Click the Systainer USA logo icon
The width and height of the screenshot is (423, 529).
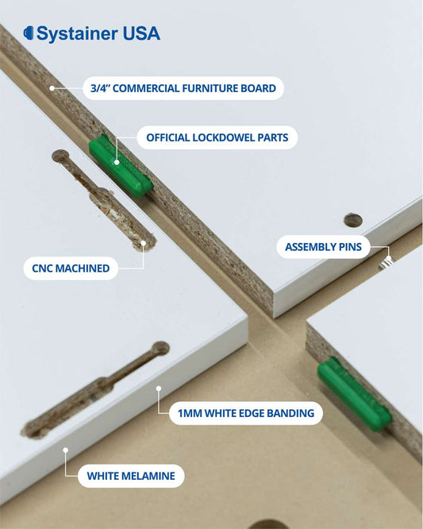point(29,33)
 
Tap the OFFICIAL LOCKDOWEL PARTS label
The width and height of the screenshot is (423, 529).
point(217,137)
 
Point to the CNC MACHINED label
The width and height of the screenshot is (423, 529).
point(71,268)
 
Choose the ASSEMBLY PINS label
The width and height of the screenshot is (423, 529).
point(323,247)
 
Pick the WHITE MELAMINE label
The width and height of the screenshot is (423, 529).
point(131,477)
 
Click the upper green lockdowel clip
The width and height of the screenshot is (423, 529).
point(119,165)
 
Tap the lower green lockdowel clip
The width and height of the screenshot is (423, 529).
point(354,393)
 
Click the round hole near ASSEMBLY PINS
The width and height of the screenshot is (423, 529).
point(353,220)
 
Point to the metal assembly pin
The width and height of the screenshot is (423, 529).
point(386,260)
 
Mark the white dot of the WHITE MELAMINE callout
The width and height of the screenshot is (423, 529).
point(66,450)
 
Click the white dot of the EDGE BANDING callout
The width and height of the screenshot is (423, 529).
point(159,389)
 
